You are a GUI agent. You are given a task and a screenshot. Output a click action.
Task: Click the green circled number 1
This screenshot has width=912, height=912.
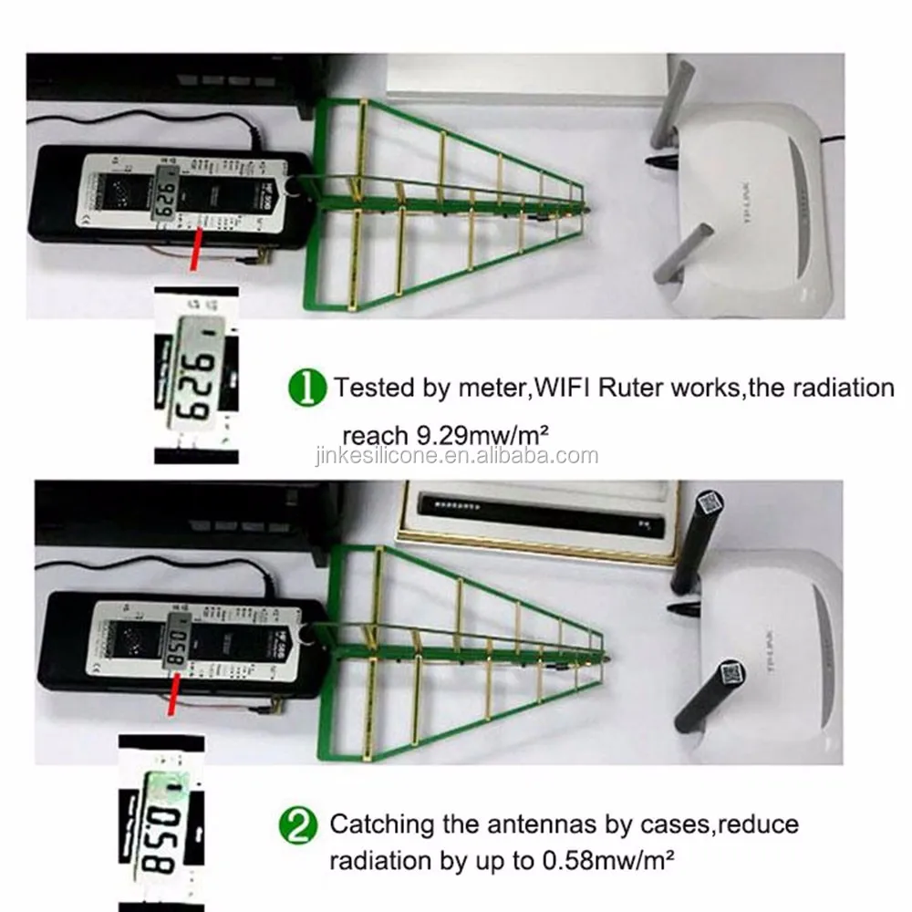pos(307,389)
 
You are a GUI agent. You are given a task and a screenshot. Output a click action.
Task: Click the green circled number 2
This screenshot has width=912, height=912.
pos(299,826)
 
